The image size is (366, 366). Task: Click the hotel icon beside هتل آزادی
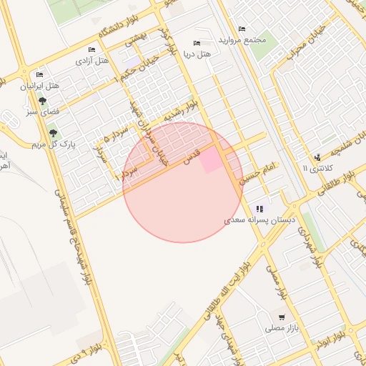(x=91, y=49)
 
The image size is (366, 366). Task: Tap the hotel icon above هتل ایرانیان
(x=39, y=75)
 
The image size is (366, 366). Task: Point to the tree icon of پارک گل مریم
(x=52, y=133)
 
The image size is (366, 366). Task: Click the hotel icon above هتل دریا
(x=198, y=43)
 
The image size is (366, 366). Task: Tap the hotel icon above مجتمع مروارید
(x=242, y=29)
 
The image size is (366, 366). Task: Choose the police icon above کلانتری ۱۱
(x=317, y=157)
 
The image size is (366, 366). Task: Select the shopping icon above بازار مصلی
(x=282, y=317)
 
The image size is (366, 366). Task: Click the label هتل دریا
(x=198, y=54)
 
